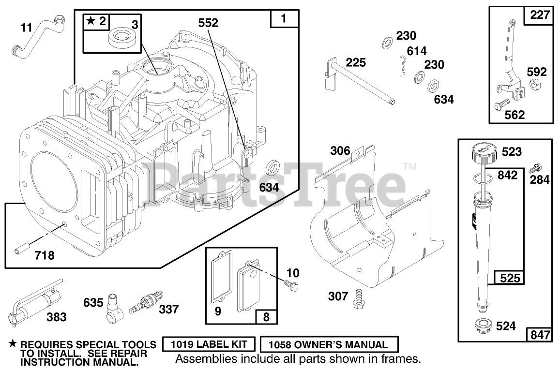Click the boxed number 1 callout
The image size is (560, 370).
click(x=284, y=19)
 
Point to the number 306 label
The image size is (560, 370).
click(x=340, y=151)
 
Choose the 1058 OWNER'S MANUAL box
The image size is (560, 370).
click(x=329, y=345)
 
